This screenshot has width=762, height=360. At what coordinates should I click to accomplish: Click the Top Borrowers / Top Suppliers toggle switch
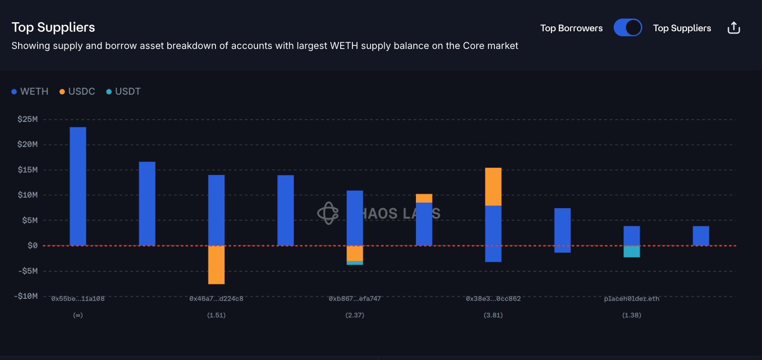tap(627, 28)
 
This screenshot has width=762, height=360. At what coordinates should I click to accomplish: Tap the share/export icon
tap(733, 28)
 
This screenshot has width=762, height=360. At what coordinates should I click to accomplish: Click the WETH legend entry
tap(30, 92)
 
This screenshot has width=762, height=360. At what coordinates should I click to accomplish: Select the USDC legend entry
tap(77, 92)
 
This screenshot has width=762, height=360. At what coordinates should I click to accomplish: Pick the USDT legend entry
tap(123, 92)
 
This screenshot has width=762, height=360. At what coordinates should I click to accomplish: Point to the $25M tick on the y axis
tap(27, 119)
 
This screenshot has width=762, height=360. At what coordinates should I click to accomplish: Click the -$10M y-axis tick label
tap(26, 296)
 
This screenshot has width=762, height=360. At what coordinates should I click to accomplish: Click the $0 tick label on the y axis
tap(32, 245)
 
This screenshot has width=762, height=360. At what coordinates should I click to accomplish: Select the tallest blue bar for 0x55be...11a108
tap(78, 186)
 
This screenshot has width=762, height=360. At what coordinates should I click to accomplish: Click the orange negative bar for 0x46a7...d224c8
tap(216, 265)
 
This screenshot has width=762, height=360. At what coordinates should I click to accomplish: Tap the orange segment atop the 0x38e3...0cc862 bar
tap(493, 187)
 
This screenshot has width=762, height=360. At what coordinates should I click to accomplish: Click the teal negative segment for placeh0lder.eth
tap(631, 252)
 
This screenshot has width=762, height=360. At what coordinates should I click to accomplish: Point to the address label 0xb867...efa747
tap(355, 299)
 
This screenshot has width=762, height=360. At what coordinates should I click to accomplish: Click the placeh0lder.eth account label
tap(631, 299)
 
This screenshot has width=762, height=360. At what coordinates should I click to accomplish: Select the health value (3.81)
tap(493, 315)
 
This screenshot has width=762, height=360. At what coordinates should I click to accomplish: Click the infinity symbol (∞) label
tap(78, 315)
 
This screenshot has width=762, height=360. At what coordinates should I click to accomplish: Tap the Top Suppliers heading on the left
tap(53, 27)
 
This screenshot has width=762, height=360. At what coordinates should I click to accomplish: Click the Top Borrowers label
tap(571, 28)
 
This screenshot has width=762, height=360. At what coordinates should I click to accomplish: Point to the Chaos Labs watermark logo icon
tap(328, 213)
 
